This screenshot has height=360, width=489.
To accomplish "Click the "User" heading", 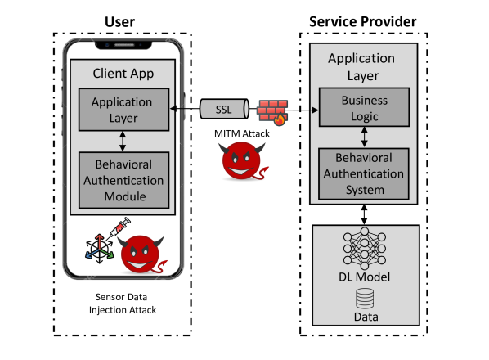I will (x=119, y=20).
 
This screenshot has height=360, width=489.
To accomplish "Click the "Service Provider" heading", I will (x=362, y=20).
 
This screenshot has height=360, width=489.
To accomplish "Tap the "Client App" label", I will (x=121, y=71).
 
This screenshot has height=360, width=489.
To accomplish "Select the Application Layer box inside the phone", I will (x=121, y=110).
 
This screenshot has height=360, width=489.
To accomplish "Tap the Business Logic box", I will (x=365, y=109).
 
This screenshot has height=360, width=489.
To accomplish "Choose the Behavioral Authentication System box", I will (x=365, y=172).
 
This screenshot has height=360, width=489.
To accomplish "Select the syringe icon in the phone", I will (x=115, y=228).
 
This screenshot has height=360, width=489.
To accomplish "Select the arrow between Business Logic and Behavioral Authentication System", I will (x=365, y=134).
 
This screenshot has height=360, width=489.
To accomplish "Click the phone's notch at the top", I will (x=121, y=43).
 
